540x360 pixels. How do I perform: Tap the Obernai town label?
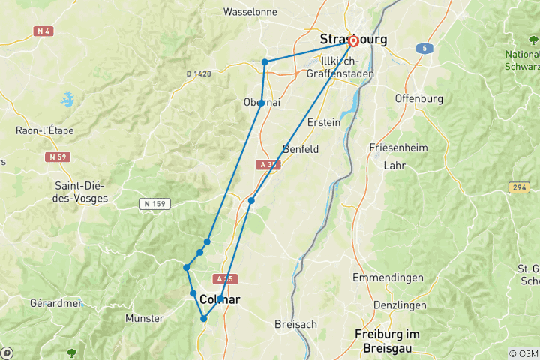point(262,102)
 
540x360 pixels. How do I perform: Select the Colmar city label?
point(220,298)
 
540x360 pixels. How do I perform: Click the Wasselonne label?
point(250,12)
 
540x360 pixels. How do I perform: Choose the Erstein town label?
point(324,122)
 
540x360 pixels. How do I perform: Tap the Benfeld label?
point(301,148)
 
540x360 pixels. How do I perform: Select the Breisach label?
point(296,324)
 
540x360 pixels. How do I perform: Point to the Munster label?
point(145,318)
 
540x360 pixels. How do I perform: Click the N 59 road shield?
point(57,157)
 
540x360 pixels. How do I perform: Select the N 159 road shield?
point(155,203)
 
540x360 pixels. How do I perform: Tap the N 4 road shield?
point(43,31)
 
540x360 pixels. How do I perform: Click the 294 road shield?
point(517,187)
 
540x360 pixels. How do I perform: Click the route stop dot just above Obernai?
point(265,62)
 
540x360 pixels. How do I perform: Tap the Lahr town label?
point(394,165)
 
